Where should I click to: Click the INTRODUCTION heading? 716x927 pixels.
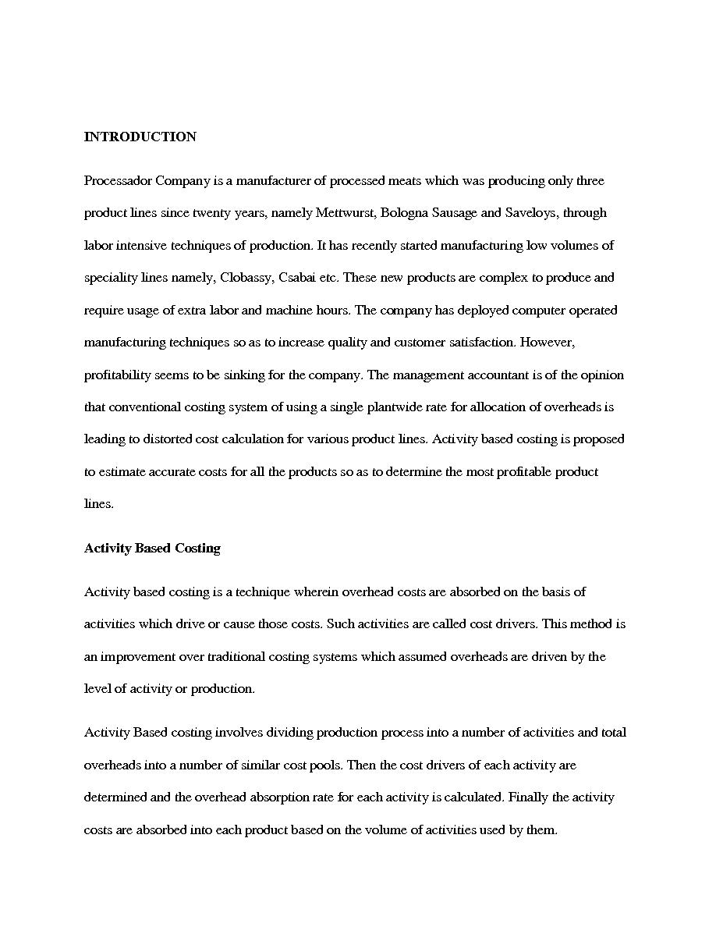point(140,137)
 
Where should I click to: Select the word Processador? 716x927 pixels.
point(118,181)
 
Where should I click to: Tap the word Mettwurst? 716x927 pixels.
point(343,213)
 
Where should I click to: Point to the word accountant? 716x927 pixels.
point(490,375)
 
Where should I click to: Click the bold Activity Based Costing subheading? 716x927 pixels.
point(152,549)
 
